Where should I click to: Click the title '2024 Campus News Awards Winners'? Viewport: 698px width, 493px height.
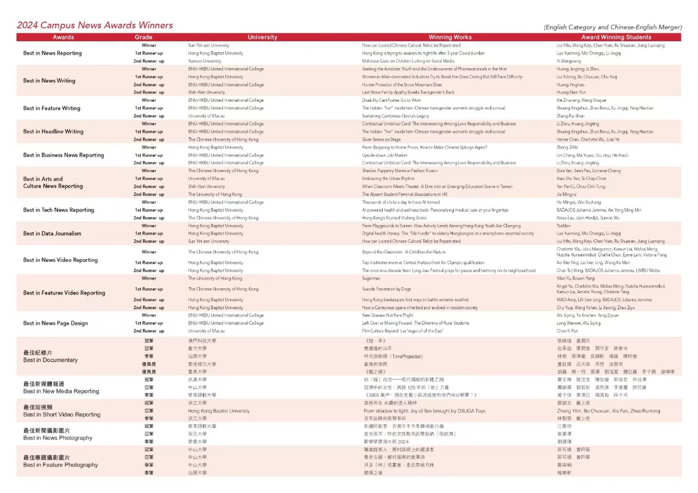point(94,25)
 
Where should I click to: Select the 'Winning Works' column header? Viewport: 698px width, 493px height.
point(450,37)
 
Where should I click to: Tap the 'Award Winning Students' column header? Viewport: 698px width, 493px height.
point(616,37)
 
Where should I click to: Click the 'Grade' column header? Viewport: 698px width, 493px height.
point(143,37)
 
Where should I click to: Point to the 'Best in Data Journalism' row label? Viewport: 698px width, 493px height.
point(52,233)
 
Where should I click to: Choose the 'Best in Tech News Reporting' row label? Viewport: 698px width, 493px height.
point(58,210)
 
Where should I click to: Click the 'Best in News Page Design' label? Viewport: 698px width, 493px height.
point(55,323)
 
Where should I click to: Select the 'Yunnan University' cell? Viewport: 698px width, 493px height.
point(205,61)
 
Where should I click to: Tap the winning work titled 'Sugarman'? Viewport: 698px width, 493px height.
point(371,278)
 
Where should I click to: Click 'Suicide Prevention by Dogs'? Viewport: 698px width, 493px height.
point(386,289)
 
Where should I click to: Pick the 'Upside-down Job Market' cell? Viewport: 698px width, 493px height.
point(385,155)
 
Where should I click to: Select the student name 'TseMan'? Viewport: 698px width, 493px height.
point(564,226)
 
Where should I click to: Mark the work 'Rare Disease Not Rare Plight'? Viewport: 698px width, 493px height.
point(387,315)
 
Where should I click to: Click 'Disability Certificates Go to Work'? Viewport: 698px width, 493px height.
point(391,100)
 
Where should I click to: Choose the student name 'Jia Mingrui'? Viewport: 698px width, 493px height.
point(566,194)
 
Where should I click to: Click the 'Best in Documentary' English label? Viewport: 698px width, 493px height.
point(50,360)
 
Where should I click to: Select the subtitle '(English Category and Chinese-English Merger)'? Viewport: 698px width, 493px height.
point(612,27)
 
